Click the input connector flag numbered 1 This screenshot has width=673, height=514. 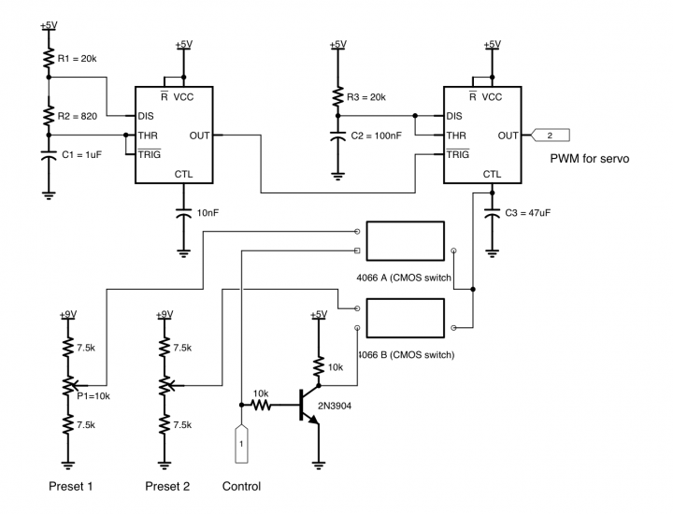[240, 443]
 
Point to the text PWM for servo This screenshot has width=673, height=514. [589, 159]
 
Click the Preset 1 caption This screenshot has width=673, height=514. [73, 487]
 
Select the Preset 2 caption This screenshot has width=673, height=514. [167, 487]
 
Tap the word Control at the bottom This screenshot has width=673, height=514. [241, 487]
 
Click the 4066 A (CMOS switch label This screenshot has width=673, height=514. [405, 278]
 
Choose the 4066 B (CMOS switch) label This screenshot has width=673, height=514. [407, 354]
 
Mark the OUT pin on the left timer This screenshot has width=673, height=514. [199, 136]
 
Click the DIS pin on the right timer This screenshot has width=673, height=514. [454, 117]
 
